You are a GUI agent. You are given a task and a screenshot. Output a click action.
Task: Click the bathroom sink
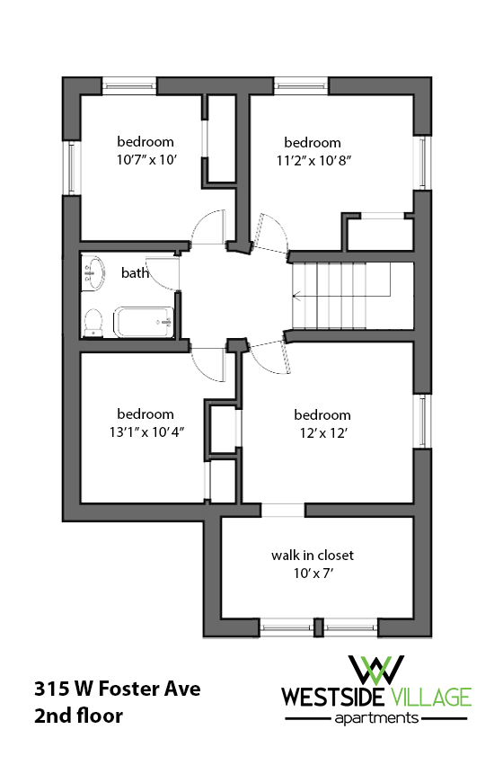coord(92,272)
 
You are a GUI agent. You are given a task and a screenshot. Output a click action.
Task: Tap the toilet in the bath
coord(93,322)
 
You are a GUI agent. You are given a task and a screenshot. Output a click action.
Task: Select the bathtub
coord(143,322)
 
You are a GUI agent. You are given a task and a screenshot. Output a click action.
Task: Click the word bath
coord(135,272)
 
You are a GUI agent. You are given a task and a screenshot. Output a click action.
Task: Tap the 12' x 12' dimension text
coord(322,432)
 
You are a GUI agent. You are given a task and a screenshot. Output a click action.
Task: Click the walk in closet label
coord(313,555)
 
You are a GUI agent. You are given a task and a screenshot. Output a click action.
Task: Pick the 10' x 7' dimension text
coord(313,572)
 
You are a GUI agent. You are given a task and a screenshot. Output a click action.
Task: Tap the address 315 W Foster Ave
coord(117,689)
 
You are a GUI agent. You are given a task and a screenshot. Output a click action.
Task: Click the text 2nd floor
coord(78,716)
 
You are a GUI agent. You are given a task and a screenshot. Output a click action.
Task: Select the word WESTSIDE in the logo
coord(334,697)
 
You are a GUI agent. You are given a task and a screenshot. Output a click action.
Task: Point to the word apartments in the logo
coord(376,718)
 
